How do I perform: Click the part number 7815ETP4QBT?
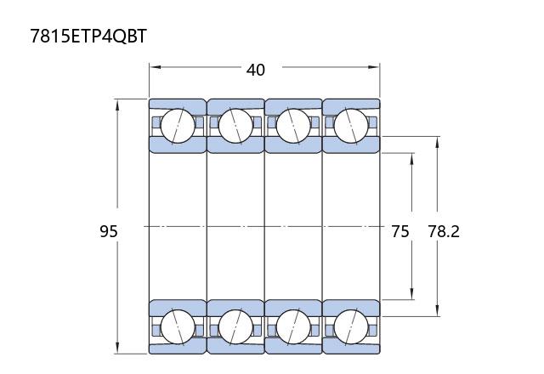88,36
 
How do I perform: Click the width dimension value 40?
256,70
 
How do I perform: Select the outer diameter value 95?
109,231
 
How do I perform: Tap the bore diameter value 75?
400,231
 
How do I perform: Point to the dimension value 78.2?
444,231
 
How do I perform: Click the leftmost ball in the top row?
178,126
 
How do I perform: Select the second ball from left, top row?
235,126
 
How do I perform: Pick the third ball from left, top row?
293,126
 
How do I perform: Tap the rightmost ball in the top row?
351,126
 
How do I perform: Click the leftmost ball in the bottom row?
178,326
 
